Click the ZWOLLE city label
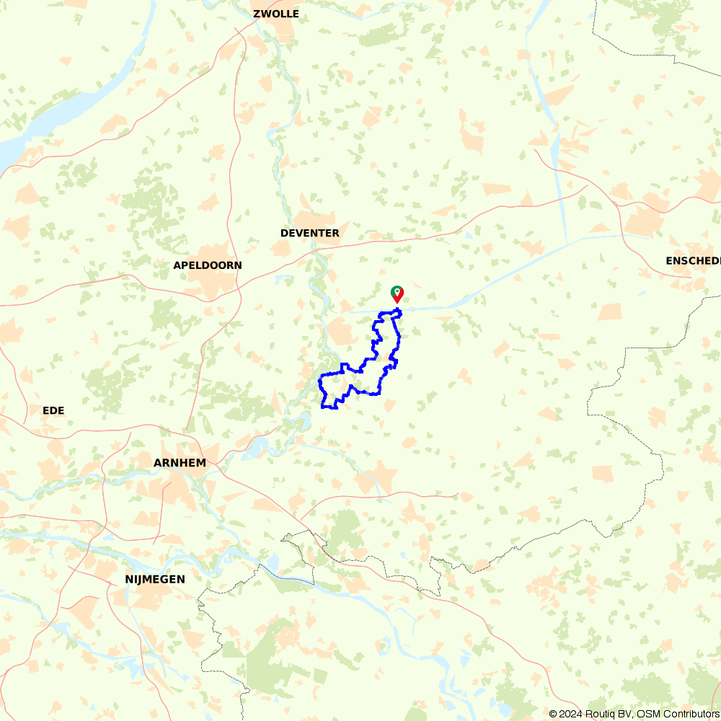point(275,14)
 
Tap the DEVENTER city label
point(309,233)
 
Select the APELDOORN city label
point(208,265)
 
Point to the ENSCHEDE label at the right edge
point(693,260)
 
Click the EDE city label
point(53,410)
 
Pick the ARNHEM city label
point(180,463)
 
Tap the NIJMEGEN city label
point(154,579)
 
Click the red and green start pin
point(397,293)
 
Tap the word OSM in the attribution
point(647,714)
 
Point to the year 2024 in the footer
point(570,714)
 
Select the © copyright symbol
point(552,714)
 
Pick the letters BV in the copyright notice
point(622,714)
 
